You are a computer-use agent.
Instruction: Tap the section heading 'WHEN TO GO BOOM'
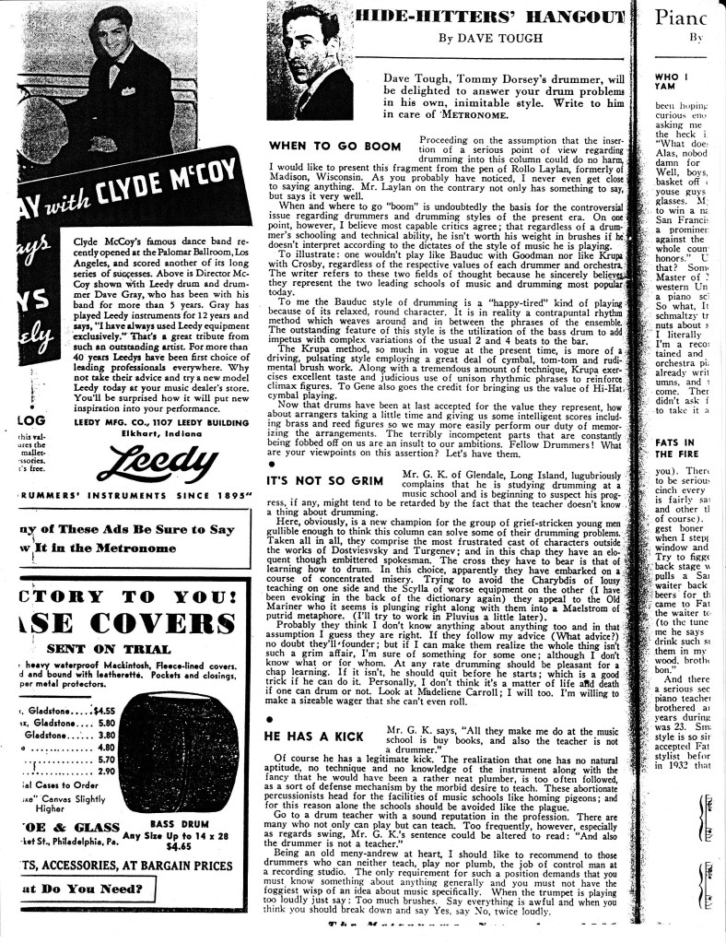(334, 146)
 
